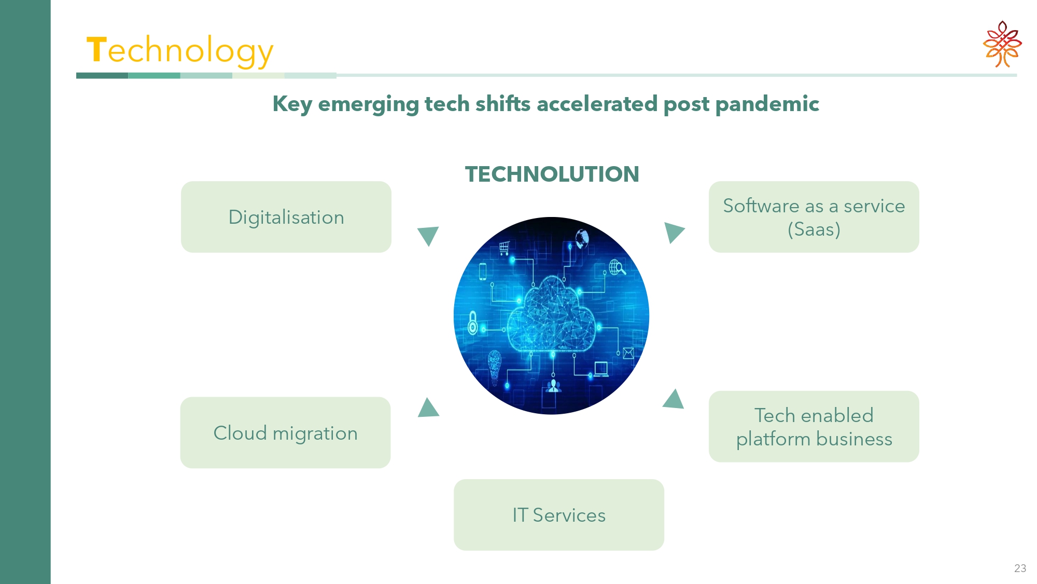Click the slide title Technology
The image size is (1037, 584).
coord(180,51)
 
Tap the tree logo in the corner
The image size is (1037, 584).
coord(1002,44)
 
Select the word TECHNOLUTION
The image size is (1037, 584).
coord(552,174)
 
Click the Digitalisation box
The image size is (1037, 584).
coord(286,217)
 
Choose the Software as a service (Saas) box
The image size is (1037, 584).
coord(814,217)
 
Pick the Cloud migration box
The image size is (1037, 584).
coord(286,432)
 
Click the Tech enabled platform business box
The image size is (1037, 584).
coord(814,427)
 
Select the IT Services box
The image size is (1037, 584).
coord(559,515)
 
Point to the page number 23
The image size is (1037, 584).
coord(1020,568)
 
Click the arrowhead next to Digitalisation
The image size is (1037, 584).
coord(428,235)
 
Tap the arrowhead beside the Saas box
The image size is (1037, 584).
coord(673,233)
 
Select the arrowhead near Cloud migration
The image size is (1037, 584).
coord(428,409)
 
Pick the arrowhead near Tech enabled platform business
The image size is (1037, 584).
coord(674,400)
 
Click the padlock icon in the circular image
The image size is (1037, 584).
coord(472,322)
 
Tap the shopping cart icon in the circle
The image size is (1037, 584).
coord(504,248)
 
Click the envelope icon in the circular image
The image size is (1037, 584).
coord(628,354)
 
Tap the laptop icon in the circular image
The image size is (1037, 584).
coord(601,369)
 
